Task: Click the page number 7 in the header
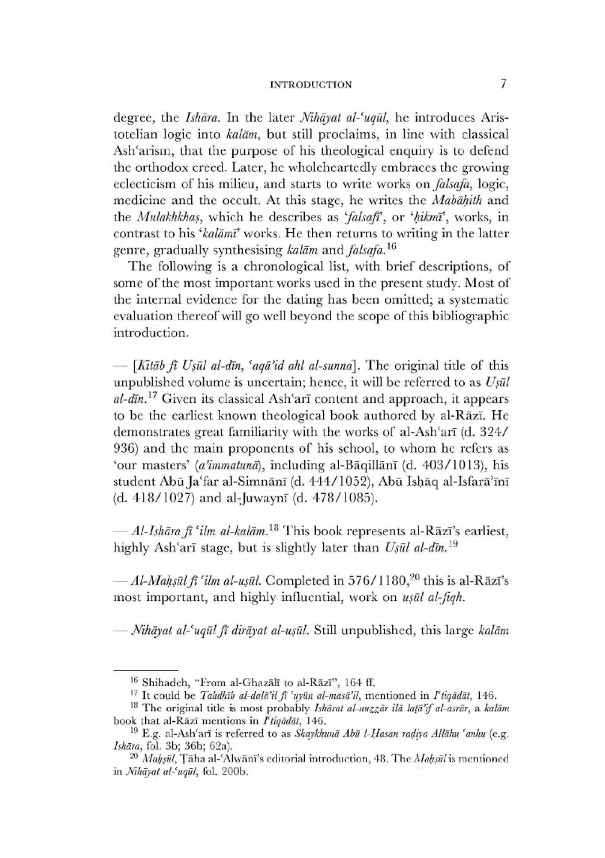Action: coord(503,84)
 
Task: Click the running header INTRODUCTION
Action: coord(310,85)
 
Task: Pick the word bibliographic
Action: coord(473,316)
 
